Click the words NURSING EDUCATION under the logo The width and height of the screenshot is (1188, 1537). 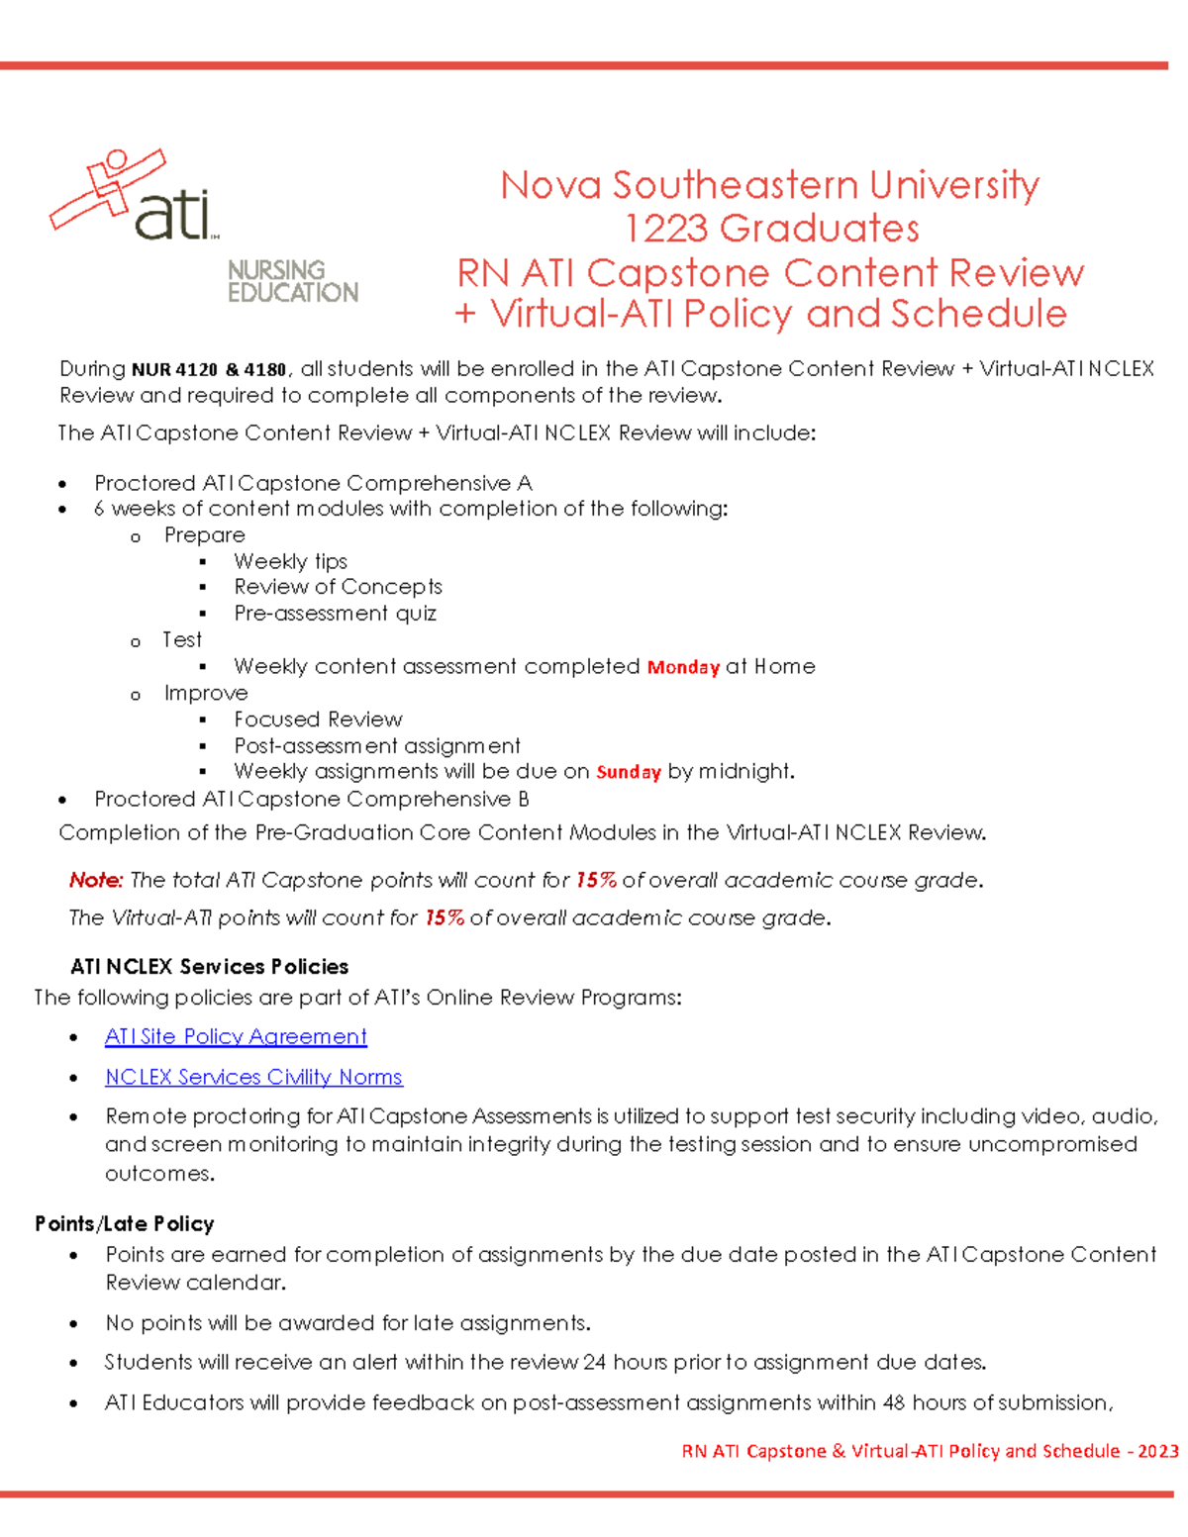(292, 281)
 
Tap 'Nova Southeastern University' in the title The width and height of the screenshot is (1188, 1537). (769, 185)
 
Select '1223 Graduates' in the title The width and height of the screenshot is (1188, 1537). (771, 229)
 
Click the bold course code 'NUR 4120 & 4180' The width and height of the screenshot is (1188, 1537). (209, 370)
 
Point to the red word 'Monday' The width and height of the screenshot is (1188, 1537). (683, 667)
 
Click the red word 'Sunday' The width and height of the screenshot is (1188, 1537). (629, 772)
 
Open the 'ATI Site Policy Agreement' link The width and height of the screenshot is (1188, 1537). (236, 1036)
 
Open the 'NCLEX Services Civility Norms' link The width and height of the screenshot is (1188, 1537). (253, 1077)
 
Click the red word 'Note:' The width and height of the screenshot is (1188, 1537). (96, 880)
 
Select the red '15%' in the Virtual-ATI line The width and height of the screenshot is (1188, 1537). (445, 917)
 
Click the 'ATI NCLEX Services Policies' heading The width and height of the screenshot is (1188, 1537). (209, 966)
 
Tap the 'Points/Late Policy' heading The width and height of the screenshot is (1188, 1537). (125, 1223)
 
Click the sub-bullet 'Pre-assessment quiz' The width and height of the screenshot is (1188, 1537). (335, 614)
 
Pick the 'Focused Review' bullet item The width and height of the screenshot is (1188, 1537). (318, 720)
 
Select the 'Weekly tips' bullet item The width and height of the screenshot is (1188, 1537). (290, 561)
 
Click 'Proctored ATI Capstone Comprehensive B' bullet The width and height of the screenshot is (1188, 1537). (311, 799)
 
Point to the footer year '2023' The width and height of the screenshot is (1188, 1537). (1157, 1451)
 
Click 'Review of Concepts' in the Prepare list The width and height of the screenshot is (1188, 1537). (338, 587)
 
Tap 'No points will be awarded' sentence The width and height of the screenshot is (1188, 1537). (347, 1323)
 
